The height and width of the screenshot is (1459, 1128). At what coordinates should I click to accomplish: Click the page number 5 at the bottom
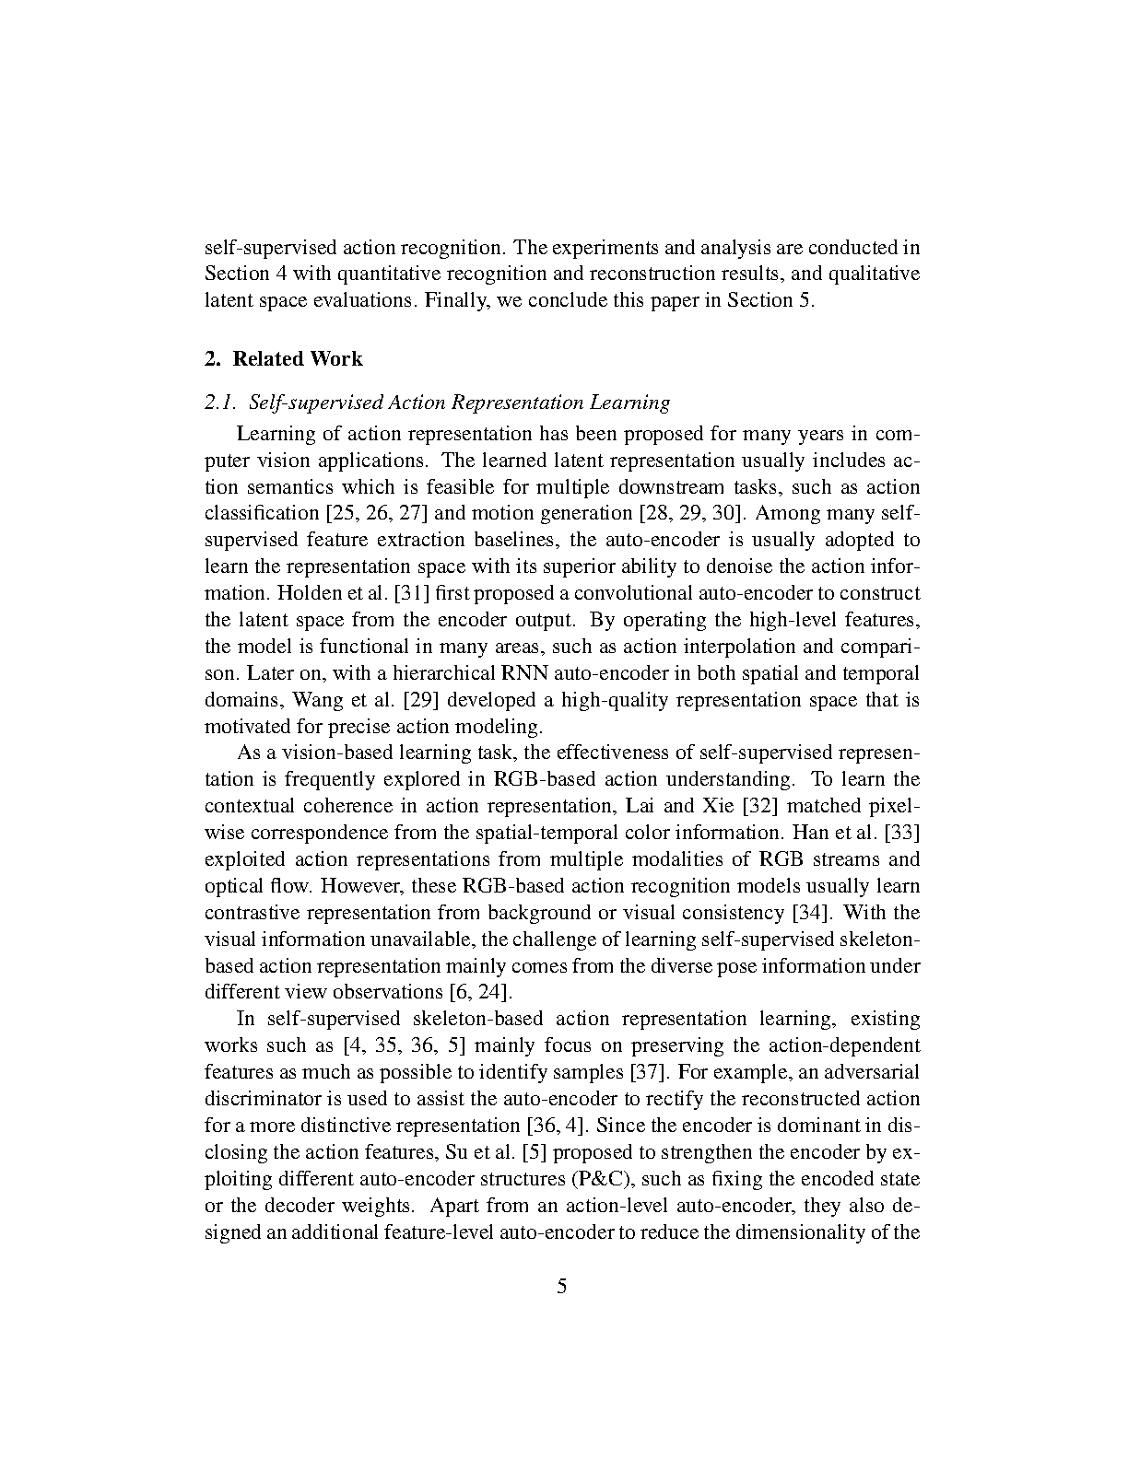(562, 1287)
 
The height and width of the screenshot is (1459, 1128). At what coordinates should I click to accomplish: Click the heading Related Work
(297, 359)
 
